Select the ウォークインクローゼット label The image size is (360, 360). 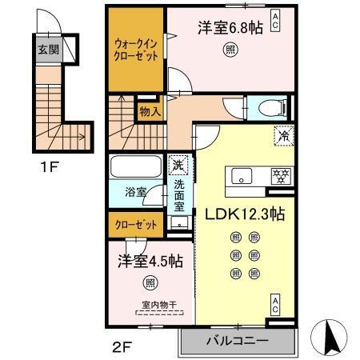click(x=136, y=50)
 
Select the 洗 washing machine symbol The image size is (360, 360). click(x=178, y=166)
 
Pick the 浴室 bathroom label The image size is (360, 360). click(x=135, y=193)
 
